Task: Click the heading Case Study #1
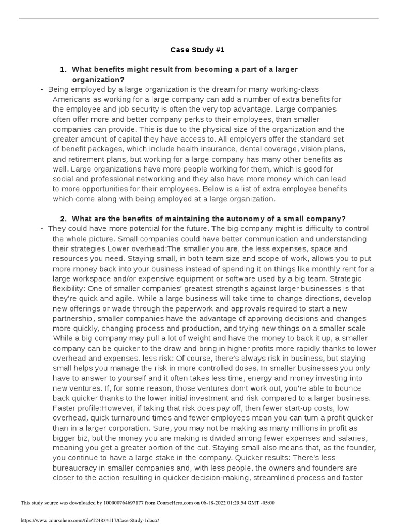pyautogui.click(x=198, y=50)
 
